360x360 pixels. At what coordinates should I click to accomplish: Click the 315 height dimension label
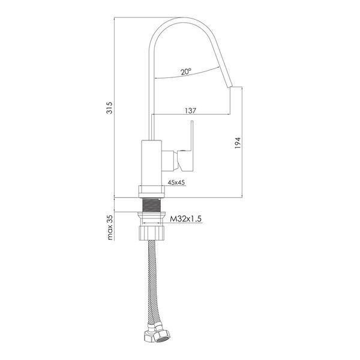pyautogui.click(x=110, y=107)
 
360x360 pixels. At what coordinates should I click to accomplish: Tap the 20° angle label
pyautogui.click(x=186, y=71)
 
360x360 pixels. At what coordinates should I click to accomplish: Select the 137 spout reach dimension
pyautogui.click(x=191, y=110)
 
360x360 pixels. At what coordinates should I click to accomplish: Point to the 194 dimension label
pyautogui.click(x=238, y=143)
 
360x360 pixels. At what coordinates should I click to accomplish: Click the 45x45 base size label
pyautogui.click(x=176, y=182)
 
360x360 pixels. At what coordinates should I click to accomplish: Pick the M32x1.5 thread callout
pyautogui.click(x=186, y=219)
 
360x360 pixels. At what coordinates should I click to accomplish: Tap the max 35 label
pyautogui.click(x=110, y=227)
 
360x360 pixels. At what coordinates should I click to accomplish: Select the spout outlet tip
pyautogui.click(x=230, y=86)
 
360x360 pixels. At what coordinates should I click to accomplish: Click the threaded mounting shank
pyautogui.click(x=152, y=205)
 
